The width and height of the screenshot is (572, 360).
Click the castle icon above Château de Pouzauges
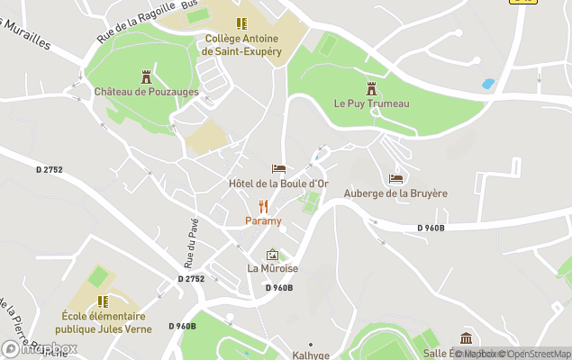coord(145,76)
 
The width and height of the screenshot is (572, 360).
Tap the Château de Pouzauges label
coord(144,92)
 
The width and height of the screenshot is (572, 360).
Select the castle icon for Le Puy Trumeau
coord(371,88)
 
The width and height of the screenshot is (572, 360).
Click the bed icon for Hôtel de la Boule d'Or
coord(278,169)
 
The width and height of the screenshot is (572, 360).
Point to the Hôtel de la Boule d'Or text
coord(278,184)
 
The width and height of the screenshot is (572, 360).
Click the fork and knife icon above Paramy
coord(264,206)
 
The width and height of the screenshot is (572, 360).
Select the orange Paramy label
coord(264,221)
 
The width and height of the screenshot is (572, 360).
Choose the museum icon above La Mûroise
coord(272,255)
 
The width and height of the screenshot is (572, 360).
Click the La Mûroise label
coord(272,269)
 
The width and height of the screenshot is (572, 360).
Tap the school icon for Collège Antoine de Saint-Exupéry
coord(241,23)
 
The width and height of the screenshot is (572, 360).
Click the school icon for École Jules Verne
coord(103,301)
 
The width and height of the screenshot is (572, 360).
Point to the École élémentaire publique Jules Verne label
coord(103,322)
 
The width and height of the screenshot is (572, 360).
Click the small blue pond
coord(487,84)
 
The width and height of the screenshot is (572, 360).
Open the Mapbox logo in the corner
coord(40,349)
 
